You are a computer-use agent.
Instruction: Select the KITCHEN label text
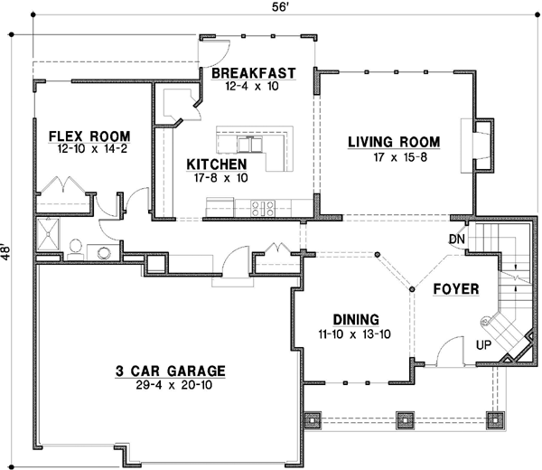pyautogui.click(x=217, y=164)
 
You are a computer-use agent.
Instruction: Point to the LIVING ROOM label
pyautogui.click(x=394, y=141)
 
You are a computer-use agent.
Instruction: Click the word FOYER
pyautogui.click(x=454, y=289)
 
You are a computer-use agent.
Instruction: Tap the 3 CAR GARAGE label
pyautogui.click(x=170, y=371)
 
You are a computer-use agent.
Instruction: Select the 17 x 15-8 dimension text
pyautogui.click(x=394, y=157)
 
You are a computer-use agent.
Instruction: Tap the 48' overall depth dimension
pyautogui.click(x=8, y=249)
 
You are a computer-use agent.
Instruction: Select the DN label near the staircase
pyautogui.click(x=456, y=239)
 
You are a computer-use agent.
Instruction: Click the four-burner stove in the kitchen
pyautogui.click(x=263, y=207)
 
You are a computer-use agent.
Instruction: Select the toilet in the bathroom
pyautogui.click(x=76, y=247)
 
